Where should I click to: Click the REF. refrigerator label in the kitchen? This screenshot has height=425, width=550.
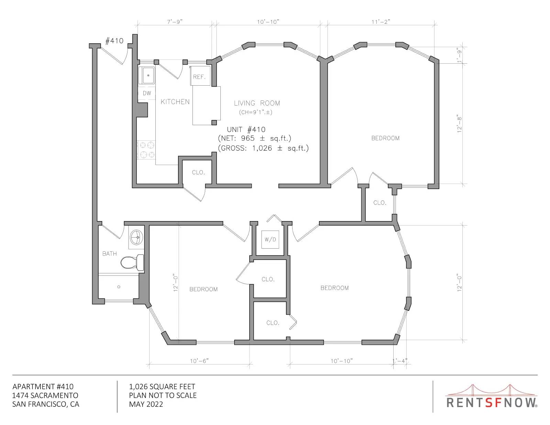coord(199,77)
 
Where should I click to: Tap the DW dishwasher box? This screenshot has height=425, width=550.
coord(147,93)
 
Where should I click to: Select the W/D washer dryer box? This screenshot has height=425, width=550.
coord(270,239)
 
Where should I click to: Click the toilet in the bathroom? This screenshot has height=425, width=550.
coord(132,262)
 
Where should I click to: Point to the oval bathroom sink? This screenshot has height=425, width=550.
coord(136,238)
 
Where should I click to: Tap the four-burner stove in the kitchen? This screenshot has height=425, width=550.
coord(146,150)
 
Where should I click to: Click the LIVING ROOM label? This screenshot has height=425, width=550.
coord(257,103)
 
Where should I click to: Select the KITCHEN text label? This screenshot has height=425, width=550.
coord(175,102)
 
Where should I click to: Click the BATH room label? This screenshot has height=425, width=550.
coord(110,254)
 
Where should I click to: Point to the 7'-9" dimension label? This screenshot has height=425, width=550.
coord(175,22)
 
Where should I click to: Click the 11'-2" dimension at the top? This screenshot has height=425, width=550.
coord(381,22)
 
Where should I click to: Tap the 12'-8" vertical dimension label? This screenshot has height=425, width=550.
coord(459,125)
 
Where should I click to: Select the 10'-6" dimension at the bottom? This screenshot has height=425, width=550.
coord(199,361)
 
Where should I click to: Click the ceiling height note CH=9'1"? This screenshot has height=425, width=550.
coord(256,112)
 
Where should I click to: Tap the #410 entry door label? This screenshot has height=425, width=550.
coord(114,41)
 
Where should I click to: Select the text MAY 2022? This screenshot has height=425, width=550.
coord(146,404)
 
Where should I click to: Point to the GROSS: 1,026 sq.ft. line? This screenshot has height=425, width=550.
coord(263,148)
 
